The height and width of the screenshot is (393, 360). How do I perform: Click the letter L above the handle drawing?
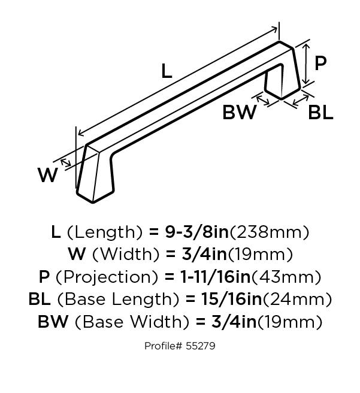167,71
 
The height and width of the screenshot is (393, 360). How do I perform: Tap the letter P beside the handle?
320,63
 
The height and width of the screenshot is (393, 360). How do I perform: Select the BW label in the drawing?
240,112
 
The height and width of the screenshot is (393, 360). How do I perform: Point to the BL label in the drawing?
320,112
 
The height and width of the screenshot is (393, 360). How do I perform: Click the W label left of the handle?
48,175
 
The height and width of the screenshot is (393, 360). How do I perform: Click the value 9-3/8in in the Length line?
196,232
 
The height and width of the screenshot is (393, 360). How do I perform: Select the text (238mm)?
269,232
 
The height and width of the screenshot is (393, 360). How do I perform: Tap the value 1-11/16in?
216,277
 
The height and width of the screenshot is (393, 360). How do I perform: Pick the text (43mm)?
286,277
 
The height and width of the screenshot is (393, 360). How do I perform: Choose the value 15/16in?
231,299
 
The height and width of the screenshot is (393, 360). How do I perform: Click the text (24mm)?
297,299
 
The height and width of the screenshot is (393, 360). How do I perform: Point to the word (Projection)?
107,277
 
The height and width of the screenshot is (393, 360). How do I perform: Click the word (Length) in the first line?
104,232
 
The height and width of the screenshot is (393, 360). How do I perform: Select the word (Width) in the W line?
126,255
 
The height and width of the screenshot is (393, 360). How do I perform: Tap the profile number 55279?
201,346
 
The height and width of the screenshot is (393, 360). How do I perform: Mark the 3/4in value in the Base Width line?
234,322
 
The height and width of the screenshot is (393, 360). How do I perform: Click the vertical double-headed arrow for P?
305,64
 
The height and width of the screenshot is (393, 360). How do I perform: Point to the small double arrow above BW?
263,100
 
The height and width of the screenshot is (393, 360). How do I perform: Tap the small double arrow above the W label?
66,163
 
